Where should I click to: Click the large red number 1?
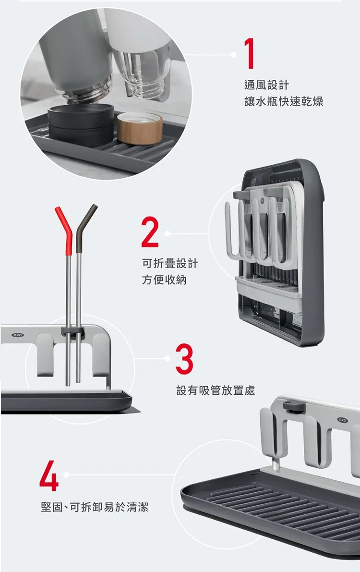pyautogui.click(x=249, y=54)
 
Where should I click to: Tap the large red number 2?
pyautogui.click(x=150, y=232)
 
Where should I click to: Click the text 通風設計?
pyautogui.click(x=266, y=85)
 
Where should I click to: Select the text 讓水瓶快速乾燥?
pyautogui.click(x=284, y=101)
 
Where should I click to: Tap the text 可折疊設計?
pyautogui.click(x=170, y=263)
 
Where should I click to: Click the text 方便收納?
pyautogui.click(x=164, y=280)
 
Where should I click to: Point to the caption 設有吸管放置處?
pyautogui.click(x=216, y=390)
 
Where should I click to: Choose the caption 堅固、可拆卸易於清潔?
pyautogui.click(x=95, y=507)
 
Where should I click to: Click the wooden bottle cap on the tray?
pyautogui.click(x=140, y=128)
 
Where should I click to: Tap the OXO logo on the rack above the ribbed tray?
pyautogui.click(x=343, y=420)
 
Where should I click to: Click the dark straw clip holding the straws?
pyautogui.click(x=72, y=332)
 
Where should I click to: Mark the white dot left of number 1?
pyautogui.click(x=234, y=55)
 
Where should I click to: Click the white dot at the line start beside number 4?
pyautogui.click(x=66, y=475)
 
